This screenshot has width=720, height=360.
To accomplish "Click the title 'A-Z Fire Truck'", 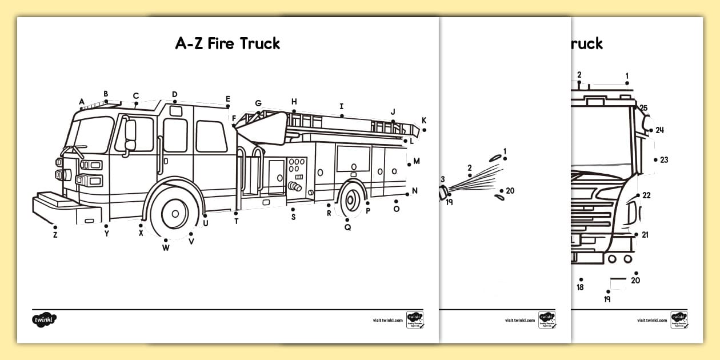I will pos(227,43).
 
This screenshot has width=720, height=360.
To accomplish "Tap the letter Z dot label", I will pos(55,234).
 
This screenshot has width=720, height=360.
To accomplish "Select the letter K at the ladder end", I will pos(424,121).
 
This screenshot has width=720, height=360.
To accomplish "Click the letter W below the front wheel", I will pos(166,248).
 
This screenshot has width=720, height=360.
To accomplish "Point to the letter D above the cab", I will pos(175,95).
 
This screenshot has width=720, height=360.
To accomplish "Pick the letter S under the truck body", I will pos(293,217).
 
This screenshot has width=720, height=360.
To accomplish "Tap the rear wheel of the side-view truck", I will pos(352,199).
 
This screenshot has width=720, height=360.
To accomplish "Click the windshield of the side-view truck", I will pos(91,135).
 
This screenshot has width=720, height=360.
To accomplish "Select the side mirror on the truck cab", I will pos(130,135).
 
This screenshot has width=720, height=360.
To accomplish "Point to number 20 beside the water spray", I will pos(510,191).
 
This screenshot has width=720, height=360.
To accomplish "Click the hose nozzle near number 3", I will pos(443,195).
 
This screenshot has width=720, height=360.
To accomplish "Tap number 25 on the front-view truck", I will pos(643,108).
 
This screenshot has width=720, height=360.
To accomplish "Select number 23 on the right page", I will pos(663,160).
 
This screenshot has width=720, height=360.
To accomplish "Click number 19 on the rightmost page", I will pos(607,299).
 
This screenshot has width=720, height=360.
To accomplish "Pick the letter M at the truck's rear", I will pos(416,161).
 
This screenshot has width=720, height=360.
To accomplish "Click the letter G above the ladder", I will pos(258,104).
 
